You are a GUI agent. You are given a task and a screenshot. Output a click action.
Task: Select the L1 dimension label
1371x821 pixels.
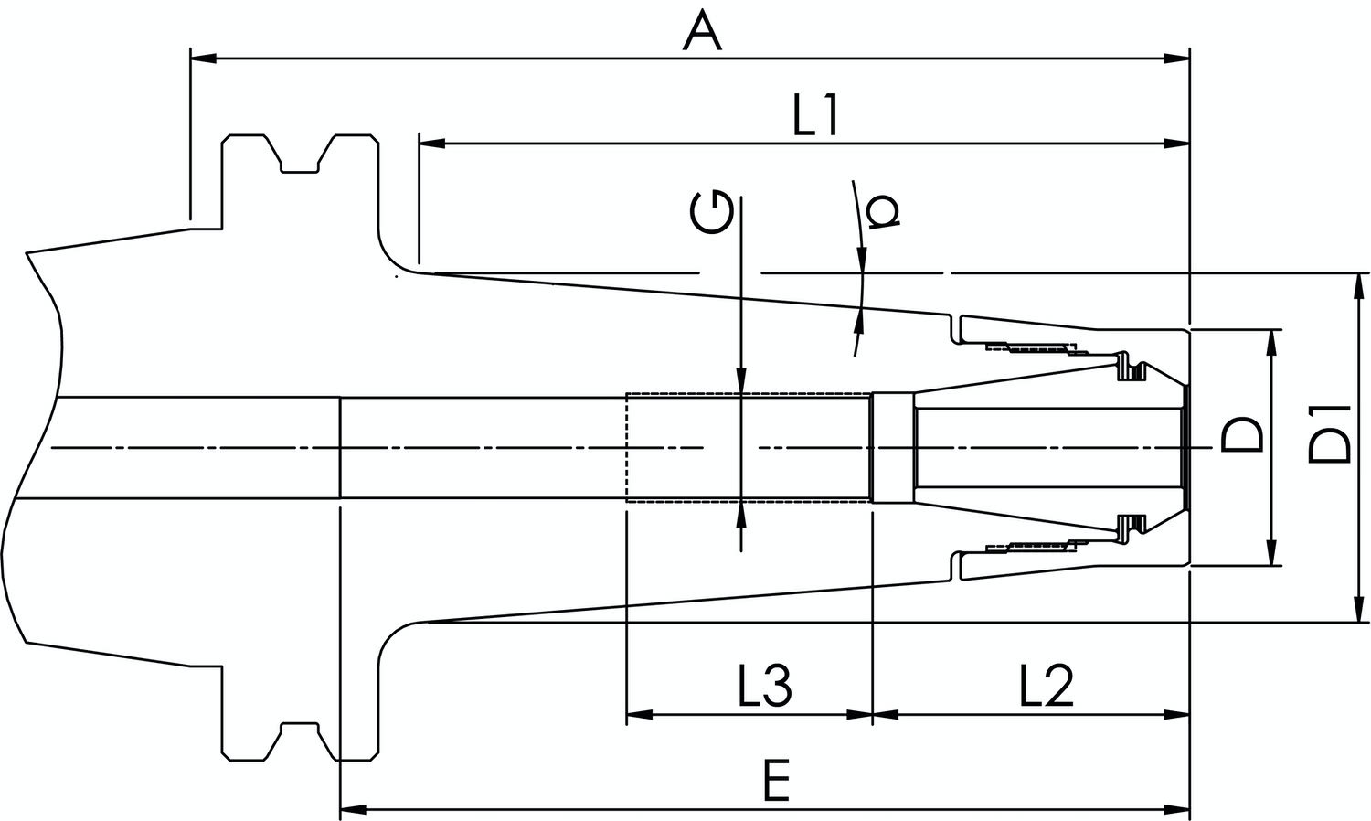coord(814,116)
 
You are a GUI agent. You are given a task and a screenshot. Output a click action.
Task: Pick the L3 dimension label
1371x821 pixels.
coord(765,686)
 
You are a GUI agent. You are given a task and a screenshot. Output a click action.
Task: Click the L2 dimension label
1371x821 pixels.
coord(1046,686)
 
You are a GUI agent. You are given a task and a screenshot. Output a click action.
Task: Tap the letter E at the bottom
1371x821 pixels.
coord(777,780)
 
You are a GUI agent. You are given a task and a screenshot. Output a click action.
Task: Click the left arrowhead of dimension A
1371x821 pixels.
coord(203,59)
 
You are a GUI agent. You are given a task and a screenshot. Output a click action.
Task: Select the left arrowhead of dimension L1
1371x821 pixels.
coord(432,144)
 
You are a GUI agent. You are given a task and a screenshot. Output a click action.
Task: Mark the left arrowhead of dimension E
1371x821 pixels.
coord(353,810)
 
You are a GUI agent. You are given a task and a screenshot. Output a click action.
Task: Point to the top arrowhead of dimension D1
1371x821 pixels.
coord(1356,287)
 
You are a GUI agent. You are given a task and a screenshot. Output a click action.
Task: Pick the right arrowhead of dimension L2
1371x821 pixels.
coord(1177,714)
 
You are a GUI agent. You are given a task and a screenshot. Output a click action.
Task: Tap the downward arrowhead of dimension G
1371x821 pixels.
coord(741,380)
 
